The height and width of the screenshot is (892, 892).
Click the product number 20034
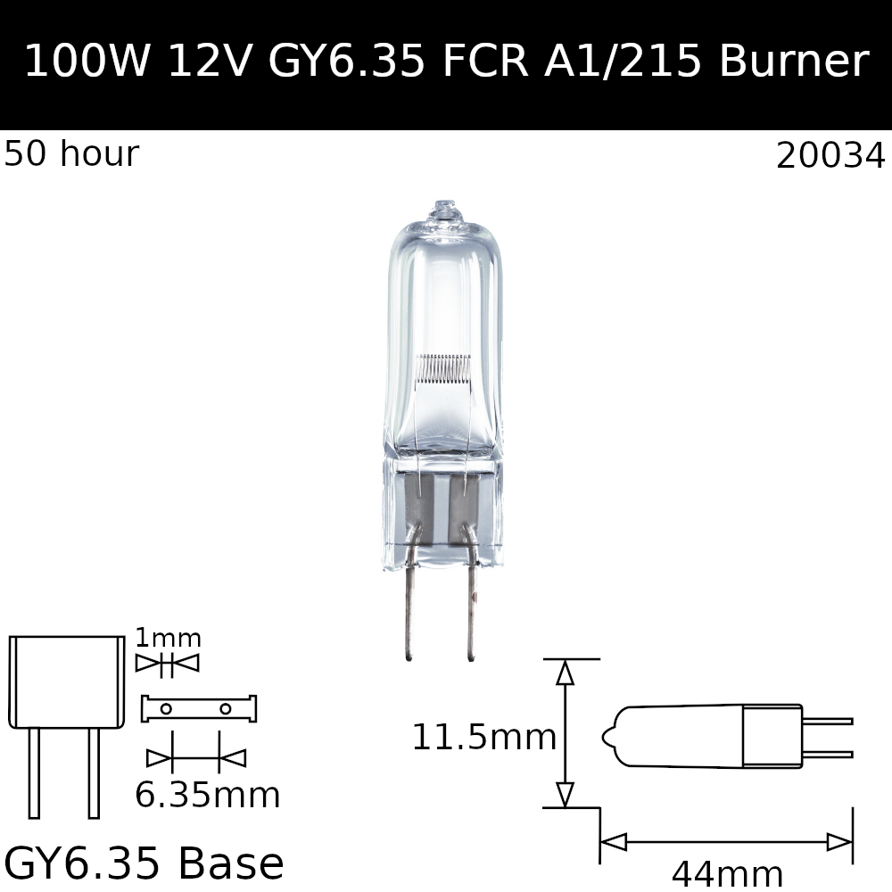coord(830,156)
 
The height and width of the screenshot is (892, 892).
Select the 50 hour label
coord(71,154)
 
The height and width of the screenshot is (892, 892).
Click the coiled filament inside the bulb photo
coord(443,367)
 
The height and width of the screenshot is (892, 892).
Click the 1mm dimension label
coord(168,639)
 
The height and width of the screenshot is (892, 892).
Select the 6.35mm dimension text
coord(207,796)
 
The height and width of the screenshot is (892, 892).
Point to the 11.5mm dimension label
coord(483,738)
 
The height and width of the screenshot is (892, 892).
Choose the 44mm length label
coord(727,874)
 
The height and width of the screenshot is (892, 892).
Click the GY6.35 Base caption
coord(144,863)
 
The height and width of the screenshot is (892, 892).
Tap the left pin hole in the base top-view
coord(166,709)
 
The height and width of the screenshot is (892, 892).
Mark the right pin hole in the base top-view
coord(225,709)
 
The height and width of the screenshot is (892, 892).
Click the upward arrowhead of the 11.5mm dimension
coord(565,673)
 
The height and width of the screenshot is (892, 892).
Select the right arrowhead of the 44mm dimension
coord(839,842)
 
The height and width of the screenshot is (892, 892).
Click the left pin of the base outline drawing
coord(34,772)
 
